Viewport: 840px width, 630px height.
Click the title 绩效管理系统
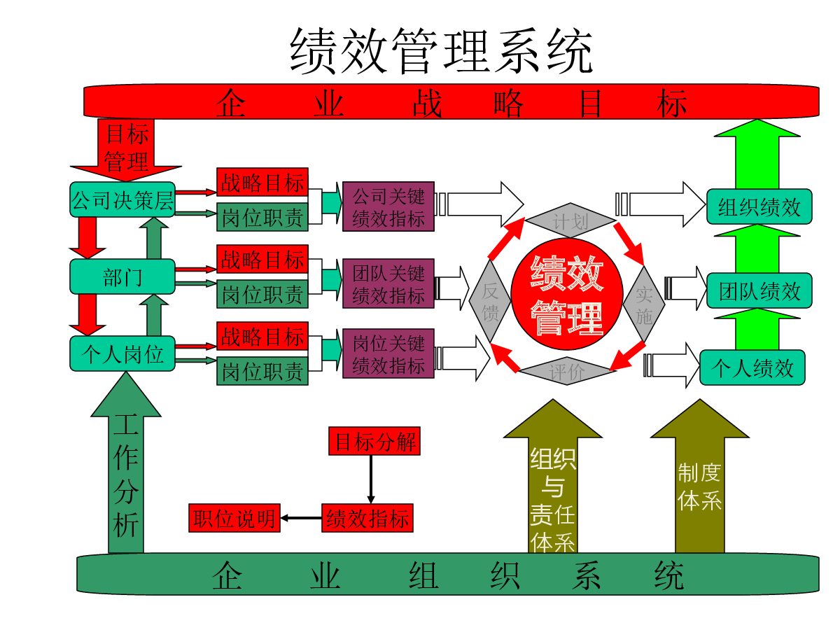pyautogui.click(x=441, y=51)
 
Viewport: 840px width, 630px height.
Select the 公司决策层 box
pyautogui.click(x=122, y=199)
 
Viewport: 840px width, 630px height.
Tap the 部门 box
pyautogui.click(x=122, y=276)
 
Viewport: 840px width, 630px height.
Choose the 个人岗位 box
pyautogui.click(x=122, y=353)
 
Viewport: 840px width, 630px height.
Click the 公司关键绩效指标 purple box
pyautogui.click(x=388, y=206)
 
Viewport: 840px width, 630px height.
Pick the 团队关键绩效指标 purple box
pyautogui.click(x=388, y=283)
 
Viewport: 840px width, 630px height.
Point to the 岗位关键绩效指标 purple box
pyautogui.click(x=388, y=353)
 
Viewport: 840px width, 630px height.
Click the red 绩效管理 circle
pyautogui.click(x=567, y=294)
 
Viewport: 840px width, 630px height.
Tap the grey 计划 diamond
pyautogui.click(x=570, y=220)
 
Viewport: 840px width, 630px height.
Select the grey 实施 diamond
pyautogui.click(x=644, y=304)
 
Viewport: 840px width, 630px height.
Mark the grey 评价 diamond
pyautogui.click(x=567, y=371)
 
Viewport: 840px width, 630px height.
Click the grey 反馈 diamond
pyautogui.click(x=490, y=301)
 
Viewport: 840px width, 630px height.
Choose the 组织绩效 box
pyautogui.click(x=759, y=206)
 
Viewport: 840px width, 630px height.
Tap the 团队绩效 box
pyautogui.click(x=759, y=290)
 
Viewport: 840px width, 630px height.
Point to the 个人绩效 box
pyautogui.click(x=752, y=367)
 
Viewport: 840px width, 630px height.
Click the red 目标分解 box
pyautogui.click(x=374, y=441)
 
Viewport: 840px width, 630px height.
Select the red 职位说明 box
pyautogui.click(x=234, y=518)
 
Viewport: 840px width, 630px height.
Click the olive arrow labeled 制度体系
pyautogui.click(x=700, y=476)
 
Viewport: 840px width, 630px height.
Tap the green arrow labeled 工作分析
pyautogui.click(x=126, y=463)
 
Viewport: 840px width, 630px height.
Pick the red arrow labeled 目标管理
pyautogui.click(x=126, y=150)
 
